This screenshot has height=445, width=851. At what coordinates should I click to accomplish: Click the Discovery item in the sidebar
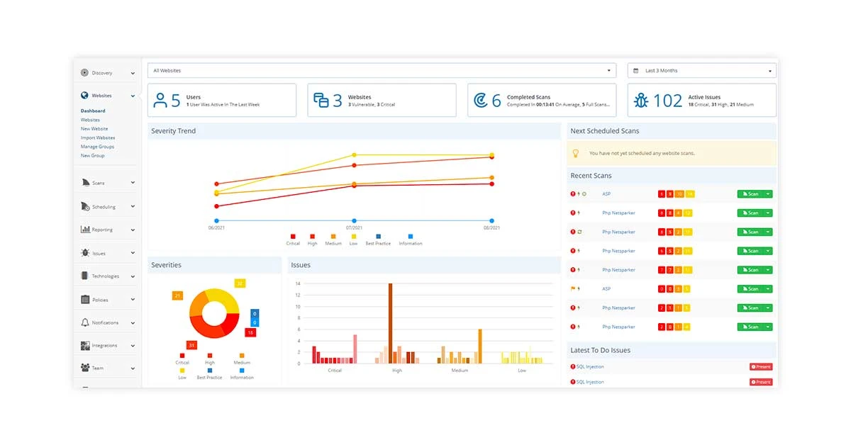pyautogui.click(x=101, y=73)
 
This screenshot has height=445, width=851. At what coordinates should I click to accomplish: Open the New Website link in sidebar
pyautogui.click(x=94, y=129)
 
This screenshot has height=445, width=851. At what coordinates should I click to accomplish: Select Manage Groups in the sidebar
pyautogui.click(x=97, y=147)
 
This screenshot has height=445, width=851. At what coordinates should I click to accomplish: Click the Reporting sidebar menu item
pyautogui.click(x=102, y=230)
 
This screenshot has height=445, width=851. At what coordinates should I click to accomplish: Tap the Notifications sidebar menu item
pyautogui.click(x=105, y=322)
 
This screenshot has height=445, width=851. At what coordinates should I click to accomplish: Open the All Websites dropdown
pyautogui.click(x=382, y=71)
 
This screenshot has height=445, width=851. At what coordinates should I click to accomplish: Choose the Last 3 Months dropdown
pyautogui.click(x=701, y=71)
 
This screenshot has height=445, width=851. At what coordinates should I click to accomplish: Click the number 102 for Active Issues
pyautogui.click(x=667, y=101)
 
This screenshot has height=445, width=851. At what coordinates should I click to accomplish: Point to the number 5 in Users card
pyautogui.click(x=175, y=101)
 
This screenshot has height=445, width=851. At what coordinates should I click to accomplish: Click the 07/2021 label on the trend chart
pyautogui.click(x=354, y=227)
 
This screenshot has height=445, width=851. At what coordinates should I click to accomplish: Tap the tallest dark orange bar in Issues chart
pyautogui.click(x=390, y=323)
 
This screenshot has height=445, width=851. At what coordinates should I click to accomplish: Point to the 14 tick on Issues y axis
pyautogui.click(x=298, y=283)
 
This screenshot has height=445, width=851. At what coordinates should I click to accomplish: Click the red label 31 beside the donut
pyautogui.click(x=191, y=345)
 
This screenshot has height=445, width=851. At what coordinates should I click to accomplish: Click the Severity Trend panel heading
pyautogui.click(x=173, y=131)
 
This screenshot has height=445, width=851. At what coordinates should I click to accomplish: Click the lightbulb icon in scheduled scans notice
pyautogui.click(x=576, y=153)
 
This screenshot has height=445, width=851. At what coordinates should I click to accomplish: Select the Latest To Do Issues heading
pyautogui.click(x=600, y=350)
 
